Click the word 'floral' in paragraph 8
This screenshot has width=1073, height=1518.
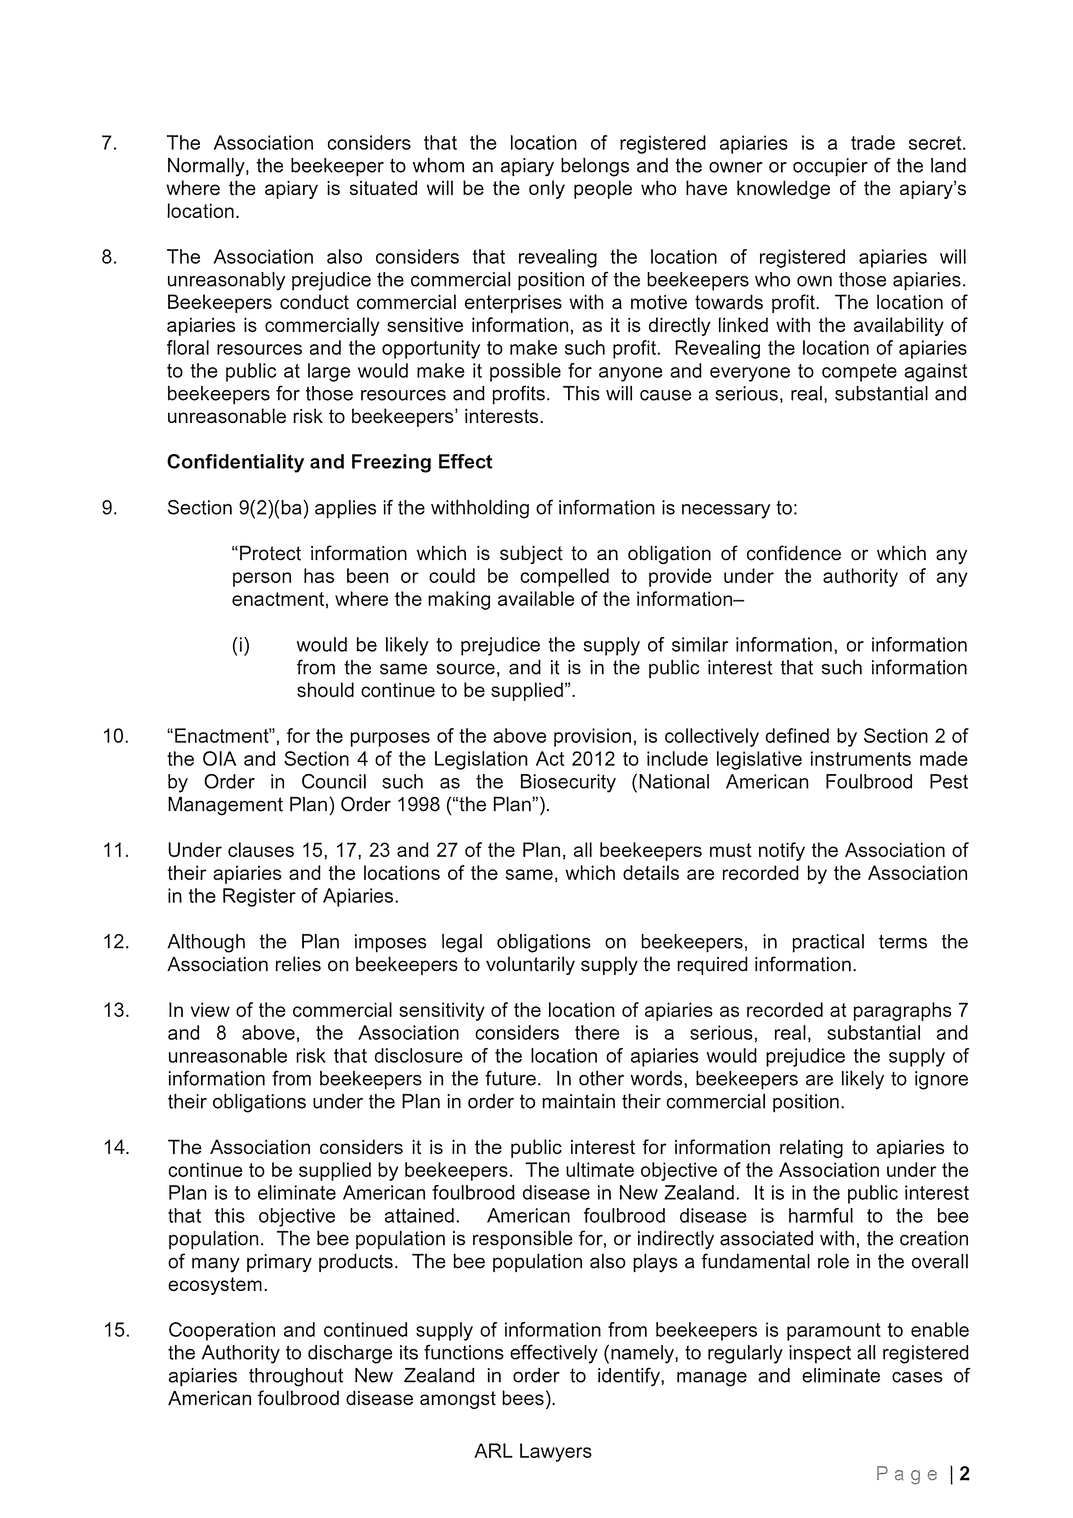click(188, 349)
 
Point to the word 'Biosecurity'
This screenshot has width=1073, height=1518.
click(567, 782)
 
